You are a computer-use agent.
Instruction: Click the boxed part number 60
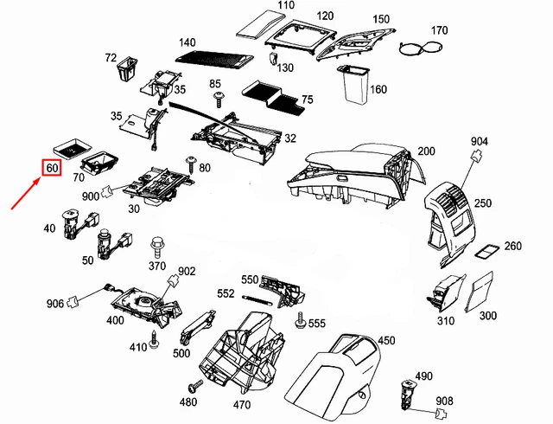pos(52,168)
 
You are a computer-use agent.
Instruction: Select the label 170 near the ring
pos(439,31)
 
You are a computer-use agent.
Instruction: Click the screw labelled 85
pos(217,96)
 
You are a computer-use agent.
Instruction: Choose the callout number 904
pos(480,142)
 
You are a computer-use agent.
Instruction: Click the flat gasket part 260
pos(486,251)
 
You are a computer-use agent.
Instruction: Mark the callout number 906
pos(55,303)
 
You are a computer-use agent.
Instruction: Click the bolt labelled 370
pos(158,247)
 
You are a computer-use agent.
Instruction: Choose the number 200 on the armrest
pos(426,151)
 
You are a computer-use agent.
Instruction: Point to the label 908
pos(444,401)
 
